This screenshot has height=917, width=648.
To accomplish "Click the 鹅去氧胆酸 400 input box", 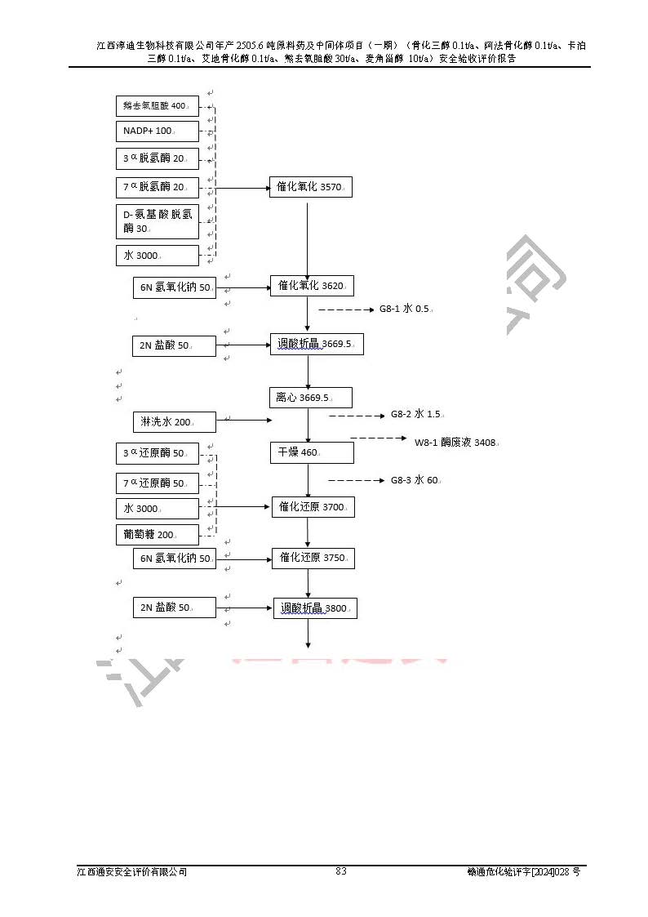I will click(157, 106).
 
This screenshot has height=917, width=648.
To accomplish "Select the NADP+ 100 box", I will click(157, 131).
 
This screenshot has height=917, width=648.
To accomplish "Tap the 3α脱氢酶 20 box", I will click(157, 158).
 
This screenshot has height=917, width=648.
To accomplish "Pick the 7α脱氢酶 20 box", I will click(157, 187).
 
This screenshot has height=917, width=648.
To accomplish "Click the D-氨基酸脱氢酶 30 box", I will click(157, 221).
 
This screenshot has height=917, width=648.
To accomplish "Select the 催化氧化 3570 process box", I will click(310, 187).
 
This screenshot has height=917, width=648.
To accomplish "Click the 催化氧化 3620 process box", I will click(312, 286).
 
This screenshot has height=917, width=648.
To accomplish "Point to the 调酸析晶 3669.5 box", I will click(317, 344).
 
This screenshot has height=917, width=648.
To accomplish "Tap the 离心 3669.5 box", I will click(310, 398).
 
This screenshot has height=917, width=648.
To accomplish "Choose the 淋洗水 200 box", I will click(174, 422).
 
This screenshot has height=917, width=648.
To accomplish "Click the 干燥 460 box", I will click(312, 452).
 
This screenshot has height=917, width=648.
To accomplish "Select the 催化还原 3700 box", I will click(313, 507).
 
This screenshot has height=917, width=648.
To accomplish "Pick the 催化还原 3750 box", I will click(313, 558).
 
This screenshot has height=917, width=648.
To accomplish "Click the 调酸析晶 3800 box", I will click(315, 608).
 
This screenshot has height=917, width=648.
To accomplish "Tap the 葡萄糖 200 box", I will click(157, 535).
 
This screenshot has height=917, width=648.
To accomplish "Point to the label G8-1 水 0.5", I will click(406, 309).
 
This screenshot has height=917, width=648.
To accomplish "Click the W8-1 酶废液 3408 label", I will click(456, 443).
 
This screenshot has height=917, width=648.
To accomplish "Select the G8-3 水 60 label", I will click(415, 480).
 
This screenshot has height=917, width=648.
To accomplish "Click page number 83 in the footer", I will click(341, 871).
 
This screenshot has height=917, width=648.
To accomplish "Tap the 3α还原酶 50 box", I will click(157, 452).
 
